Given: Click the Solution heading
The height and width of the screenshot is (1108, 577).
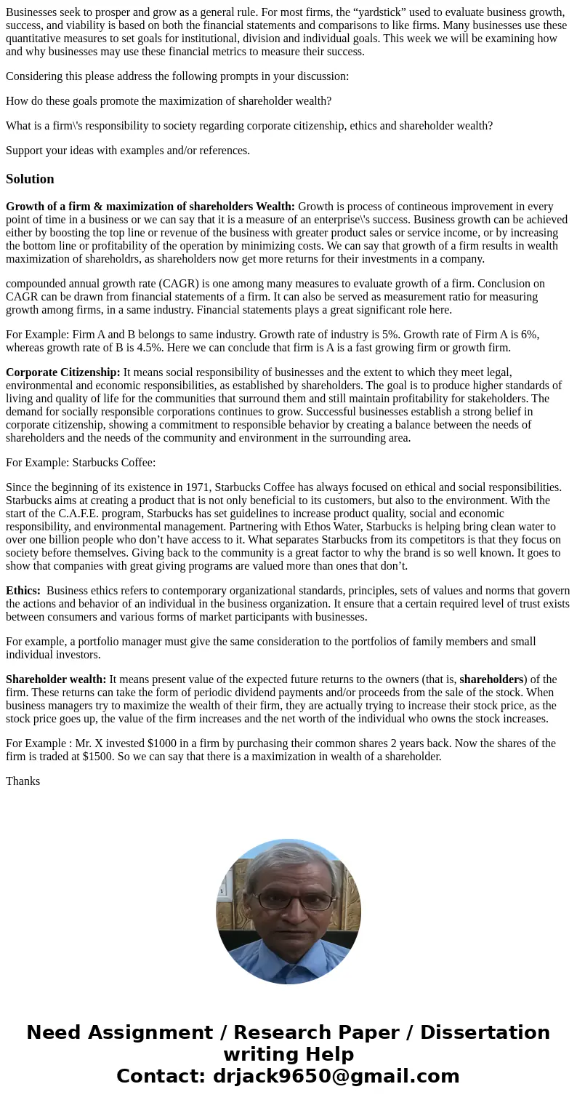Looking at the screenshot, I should coord(30,179).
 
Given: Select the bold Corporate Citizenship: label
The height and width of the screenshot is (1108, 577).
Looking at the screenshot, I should coord(63,372).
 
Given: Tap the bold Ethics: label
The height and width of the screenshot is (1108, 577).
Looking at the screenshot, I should coord(23,591).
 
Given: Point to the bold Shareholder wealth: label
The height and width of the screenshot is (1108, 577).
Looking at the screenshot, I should coord(56,679).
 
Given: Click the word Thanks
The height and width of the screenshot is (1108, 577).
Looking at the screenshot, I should coord(23,781).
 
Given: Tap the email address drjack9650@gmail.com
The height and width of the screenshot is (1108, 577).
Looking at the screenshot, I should coord(336,1076).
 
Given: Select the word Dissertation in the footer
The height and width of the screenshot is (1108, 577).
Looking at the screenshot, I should coord(485,1032).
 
